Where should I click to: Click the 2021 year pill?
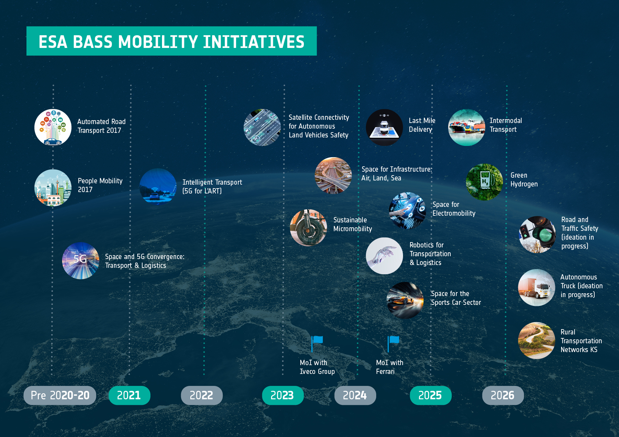pyautogui.click(x=129, y=395)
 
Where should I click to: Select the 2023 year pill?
pyautogui.click(x=283, y=395)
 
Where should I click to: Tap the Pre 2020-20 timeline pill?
pyautogui.click(x=60, y=395)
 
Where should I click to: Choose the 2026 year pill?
pyautogui.click(x=503, y=395)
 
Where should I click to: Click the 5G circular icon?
pyautogui.click(x=81, y=261)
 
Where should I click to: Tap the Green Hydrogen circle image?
pyautogui.click(x=485, y=182)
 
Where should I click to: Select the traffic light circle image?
pyautogui.click(x=537, y=234)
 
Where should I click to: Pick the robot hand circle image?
pyautogui.click(x=384, y=256)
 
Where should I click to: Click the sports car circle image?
pyautogui.click(x=405, y=300)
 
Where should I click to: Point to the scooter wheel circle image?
pyautogui.click(x=308, y=228)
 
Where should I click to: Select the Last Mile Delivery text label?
pyautogui.click(x=422, y=125)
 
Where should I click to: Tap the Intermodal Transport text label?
pyautogui.click(x=506, y=125)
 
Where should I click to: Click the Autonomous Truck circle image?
pyautogui.click(x=537, y=288)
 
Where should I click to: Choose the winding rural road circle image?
pyautogui.click(x=537, y=340)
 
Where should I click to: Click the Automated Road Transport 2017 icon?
pyautogui.click(x=53, y=127)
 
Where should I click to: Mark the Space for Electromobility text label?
pyautogui.click(x=454, y=209)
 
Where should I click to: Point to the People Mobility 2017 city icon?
pyautogui.click(x=53, y=188)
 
